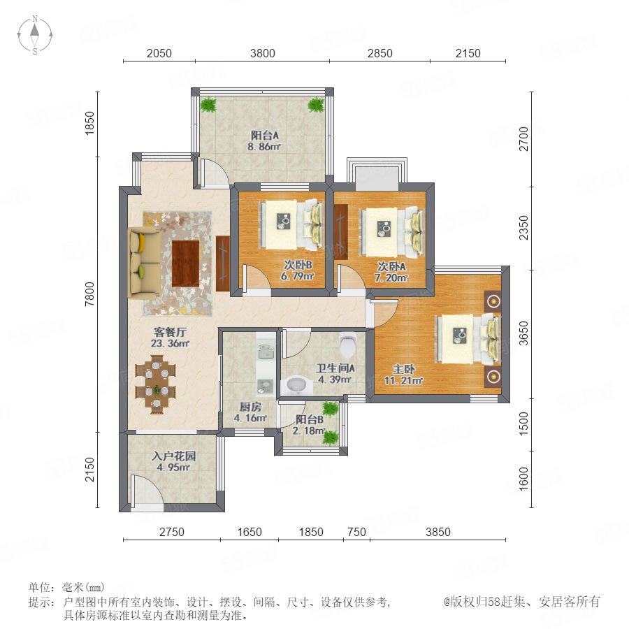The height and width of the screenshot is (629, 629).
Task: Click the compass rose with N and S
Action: (35, 34)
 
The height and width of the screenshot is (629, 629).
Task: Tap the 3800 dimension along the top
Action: (262, 53)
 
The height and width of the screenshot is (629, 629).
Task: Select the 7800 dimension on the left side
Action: (90, 294)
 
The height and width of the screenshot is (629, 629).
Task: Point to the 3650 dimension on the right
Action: (523, 333)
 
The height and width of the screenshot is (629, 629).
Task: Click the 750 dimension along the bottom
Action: (356, 532)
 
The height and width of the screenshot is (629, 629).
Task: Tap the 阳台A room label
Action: (265, 135)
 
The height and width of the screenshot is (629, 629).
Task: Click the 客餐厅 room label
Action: (170, 332)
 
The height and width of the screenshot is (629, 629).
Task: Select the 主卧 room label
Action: (403, 369)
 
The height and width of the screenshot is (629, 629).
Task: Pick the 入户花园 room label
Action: (174, 456)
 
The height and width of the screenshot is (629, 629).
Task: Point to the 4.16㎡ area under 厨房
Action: (250, 418)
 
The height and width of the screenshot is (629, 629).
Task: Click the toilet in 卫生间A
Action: (347, 345)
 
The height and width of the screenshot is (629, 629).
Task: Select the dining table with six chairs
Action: (156, 384)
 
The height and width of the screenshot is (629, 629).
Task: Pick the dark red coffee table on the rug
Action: (186, 263)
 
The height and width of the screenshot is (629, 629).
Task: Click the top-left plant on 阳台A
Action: (208, 106)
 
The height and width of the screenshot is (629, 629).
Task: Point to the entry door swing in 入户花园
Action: (147, 489)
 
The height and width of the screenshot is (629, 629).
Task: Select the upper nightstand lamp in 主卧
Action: (493, 301)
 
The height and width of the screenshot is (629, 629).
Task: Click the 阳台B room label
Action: (310, 419)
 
